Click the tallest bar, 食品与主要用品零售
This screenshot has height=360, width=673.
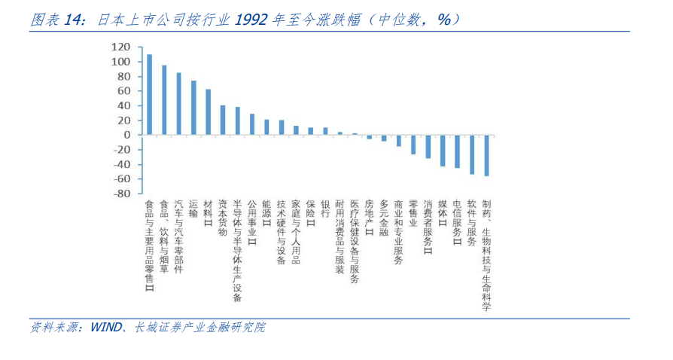pyautogui.click(x=149, y=95)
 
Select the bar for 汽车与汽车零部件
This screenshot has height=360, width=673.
pyautogui.click(x=178, y=104)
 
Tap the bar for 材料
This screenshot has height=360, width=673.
pyautogui.click(x=208, y=112)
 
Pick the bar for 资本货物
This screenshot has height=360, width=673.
pyautogui.click(x=223, y=121)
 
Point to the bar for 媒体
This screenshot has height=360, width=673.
pyautogui.click(x=443, y=151)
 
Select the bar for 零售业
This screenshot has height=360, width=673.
pyautogui.click(x=413, y=145)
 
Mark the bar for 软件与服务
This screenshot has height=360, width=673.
pyautogui.click(x=472, y=154)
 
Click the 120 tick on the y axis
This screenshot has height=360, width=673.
pyautogui.click(x=121, y=47)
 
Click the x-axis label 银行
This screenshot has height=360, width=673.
pyautogui.click(x=325, y=209)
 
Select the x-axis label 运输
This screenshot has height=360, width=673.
pyautogui.click(x=193, y=209)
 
